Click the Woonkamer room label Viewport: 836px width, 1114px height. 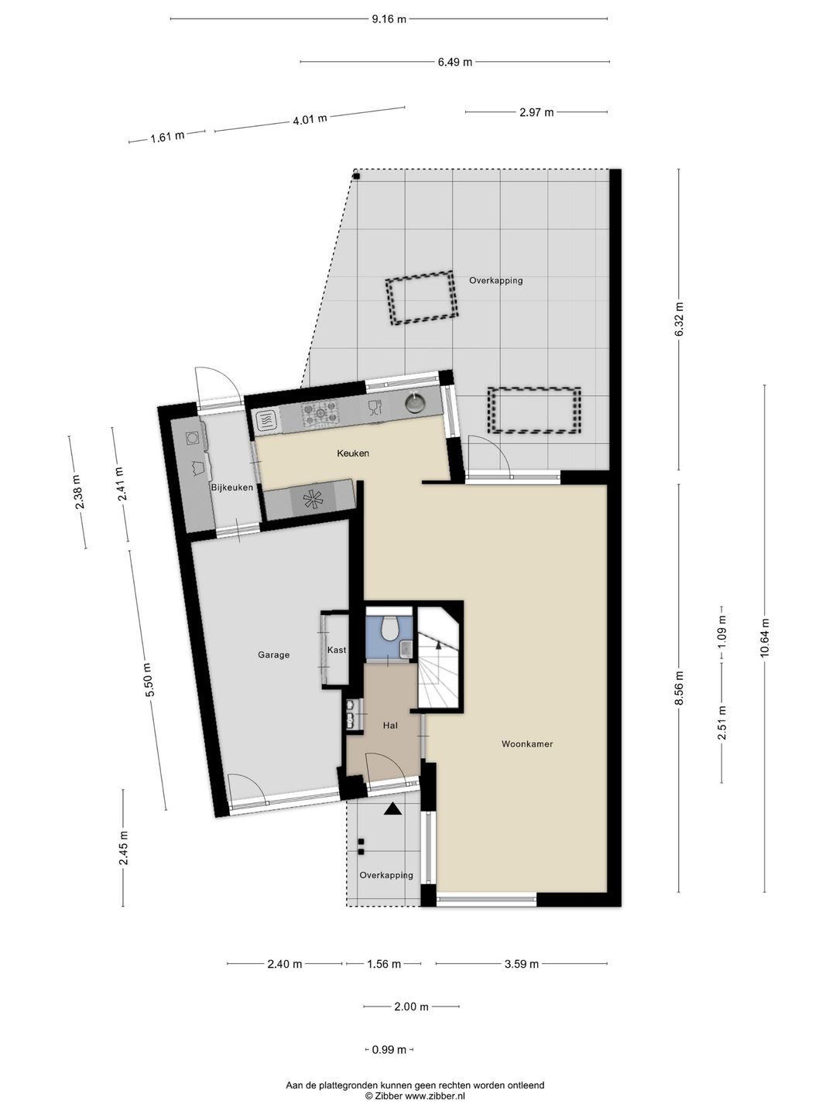[527, 744]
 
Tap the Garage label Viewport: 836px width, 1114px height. [273, 655]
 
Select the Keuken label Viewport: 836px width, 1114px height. [353, 453]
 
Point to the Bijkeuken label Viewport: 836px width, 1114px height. [232, 487]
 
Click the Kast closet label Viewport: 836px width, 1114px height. [337, 650]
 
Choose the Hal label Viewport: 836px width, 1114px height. [390, 726]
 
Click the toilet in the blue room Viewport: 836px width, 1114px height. [390, 628]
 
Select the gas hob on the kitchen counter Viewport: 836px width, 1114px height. [320, 412]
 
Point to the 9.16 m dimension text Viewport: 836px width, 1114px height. [389, 19]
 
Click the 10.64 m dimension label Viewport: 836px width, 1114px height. [765, 638]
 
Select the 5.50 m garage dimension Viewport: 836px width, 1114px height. [148, 681]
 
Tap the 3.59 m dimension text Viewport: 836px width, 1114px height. [521, 964]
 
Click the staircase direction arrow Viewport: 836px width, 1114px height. [439, 644]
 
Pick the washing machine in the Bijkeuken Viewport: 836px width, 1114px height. [193, 438]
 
